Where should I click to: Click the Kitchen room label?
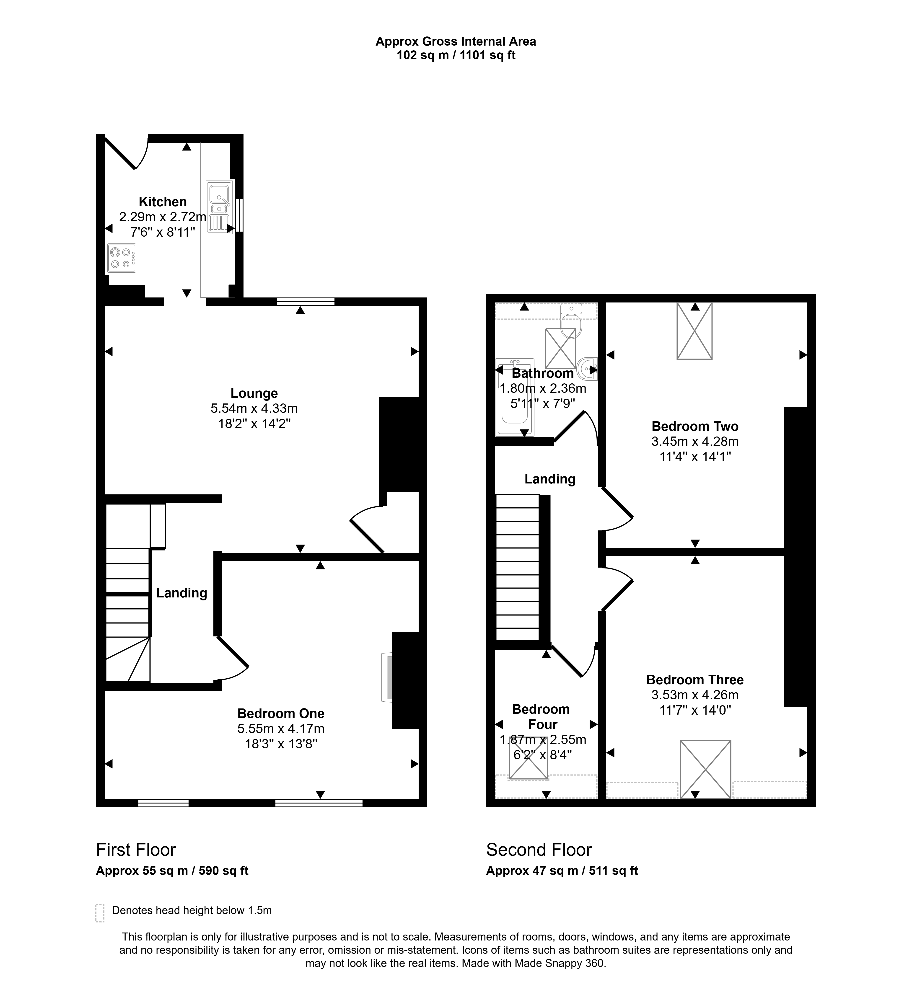[x=163, y=202]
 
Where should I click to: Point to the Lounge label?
[x=254, y=393]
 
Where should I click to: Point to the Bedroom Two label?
[x=695, y=426]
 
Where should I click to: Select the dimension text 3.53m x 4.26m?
[x=695, y=695]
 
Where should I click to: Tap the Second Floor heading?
[x=539, y=850]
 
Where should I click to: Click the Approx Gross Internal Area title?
[x=456, y=41]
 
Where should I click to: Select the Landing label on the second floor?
[x=550, y=479]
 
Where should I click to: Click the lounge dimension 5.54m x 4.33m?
[x=254, y=408]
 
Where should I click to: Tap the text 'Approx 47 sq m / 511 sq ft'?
[x=562, y=871]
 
